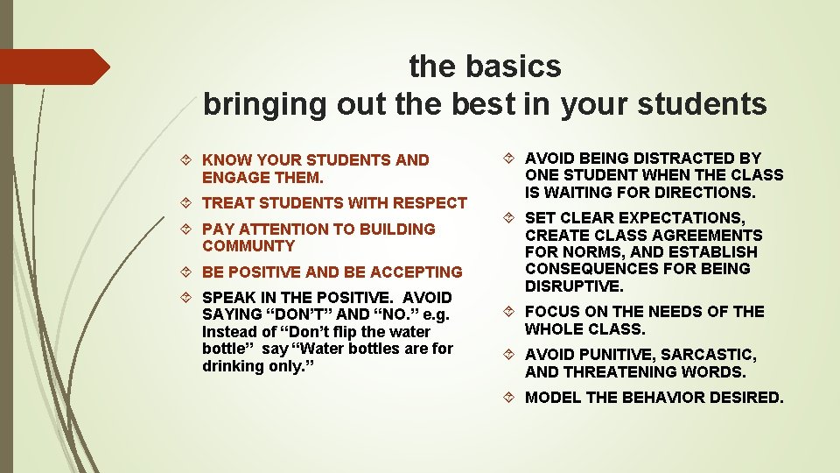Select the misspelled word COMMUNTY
pos(248,246)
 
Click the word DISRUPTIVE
pos(574,286)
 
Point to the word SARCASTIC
pos(709,355)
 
